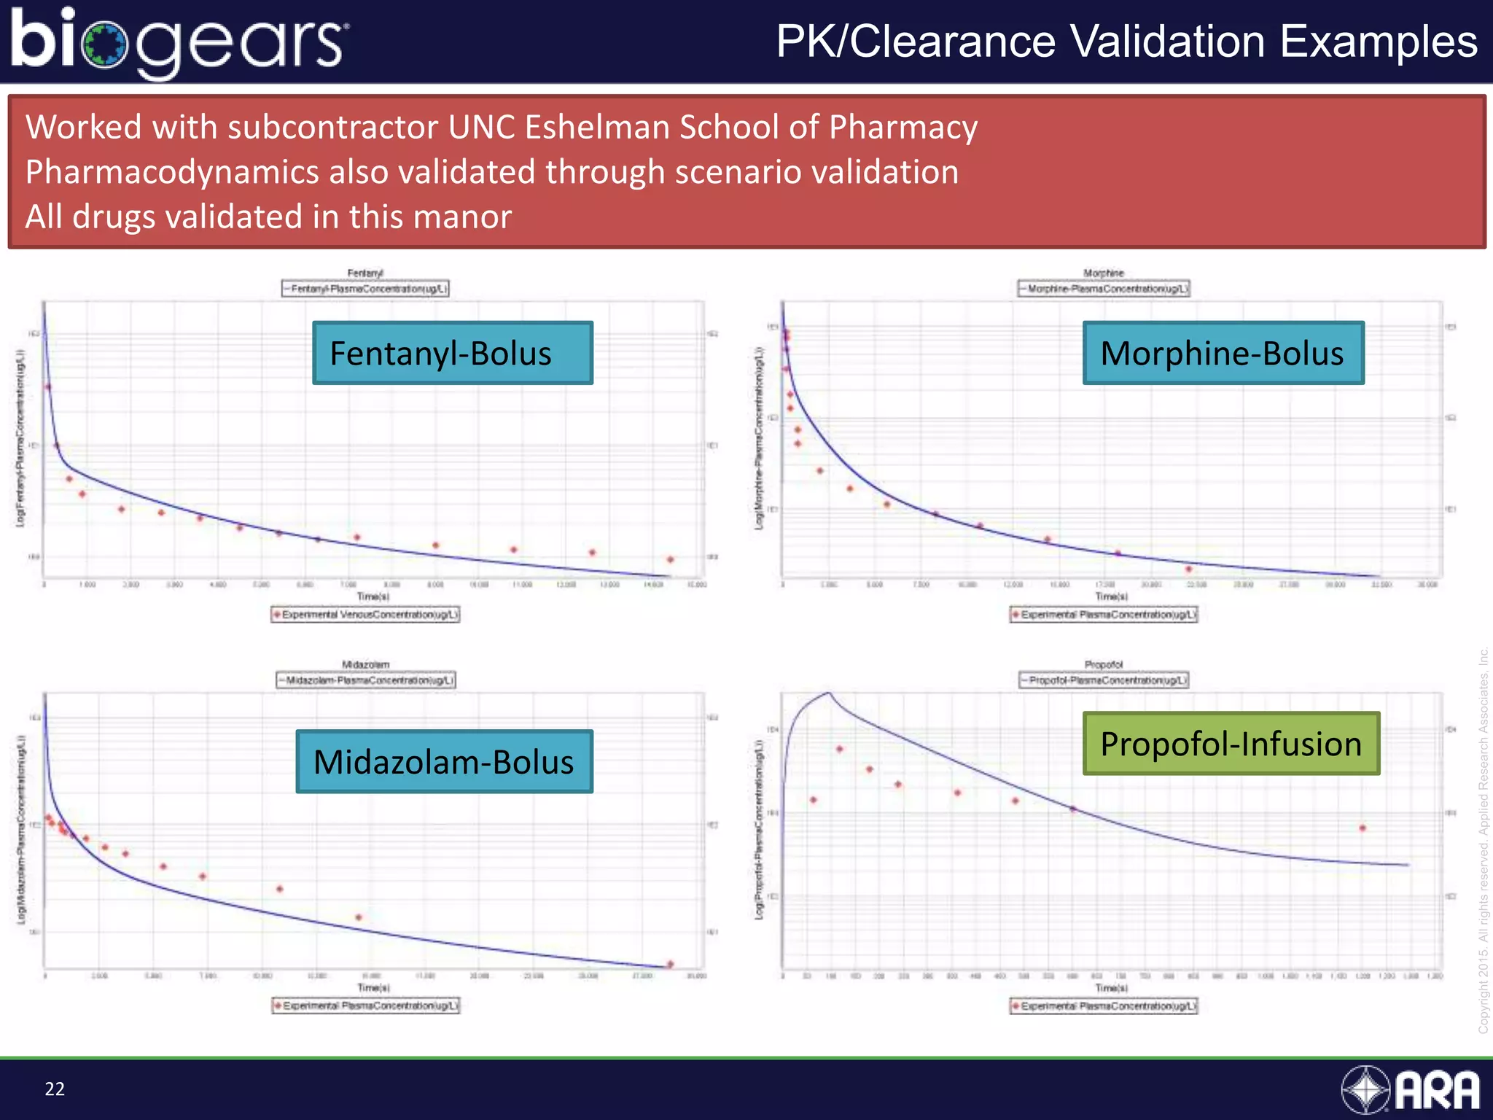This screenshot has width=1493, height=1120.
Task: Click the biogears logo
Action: pyautogui.click(x=179, y=42)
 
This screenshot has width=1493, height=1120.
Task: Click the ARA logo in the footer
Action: pyautogui.click(x=1411, y=1090)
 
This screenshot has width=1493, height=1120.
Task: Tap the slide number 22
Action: pyautogui.click(x=55, y=1089)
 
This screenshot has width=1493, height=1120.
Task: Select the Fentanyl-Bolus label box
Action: pyautogui.click(x=452, y=353)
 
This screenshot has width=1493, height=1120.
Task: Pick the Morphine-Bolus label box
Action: pyautogui.click(x=1223, y=353)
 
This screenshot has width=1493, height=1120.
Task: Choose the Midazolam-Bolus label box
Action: pyautogui.click(x=444, y=761)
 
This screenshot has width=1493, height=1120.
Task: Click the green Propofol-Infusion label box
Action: pyautogui.click(x=1231, y=744)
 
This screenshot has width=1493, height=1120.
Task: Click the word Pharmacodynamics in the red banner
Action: pyautogui.click(x=172, y=172)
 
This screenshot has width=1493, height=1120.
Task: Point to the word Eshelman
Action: pyautogui.click(x=596, y=128)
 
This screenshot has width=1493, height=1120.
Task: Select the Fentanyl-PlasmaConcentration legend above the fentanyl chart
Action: pyautogui.click(x=365, y=289)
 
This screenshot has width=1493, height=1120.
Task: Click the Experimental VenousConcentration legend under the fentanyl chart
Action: pyautogui.click(x=365, y=615)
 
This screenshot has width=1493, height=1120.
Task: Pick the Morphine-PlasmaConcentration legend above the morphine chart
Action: pyautogui.click(x=1104, y=289)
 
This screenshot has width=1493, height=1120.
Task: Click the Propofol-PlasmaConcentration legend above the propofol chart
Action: pyautogui.click(x=1104, y=680)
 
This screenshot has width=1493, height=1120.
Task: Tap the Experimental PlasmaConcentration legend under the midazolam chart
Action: pyautogui.click(x=366, y=1006)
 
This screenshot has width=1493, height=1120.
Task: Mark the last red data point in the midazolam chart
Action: pyautogui.click(x=671, y=964)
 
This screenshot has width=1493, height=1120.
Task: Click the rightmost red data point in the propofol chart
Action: pyautogui.click(x=1363, y=828)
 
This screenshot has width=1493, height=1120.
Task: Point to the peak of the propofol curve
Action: pyautogui.click(x=828, y=693)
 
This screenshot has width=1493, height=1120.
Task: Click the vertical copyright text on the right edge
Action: pyautogui.click(x=1483, y=839)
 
